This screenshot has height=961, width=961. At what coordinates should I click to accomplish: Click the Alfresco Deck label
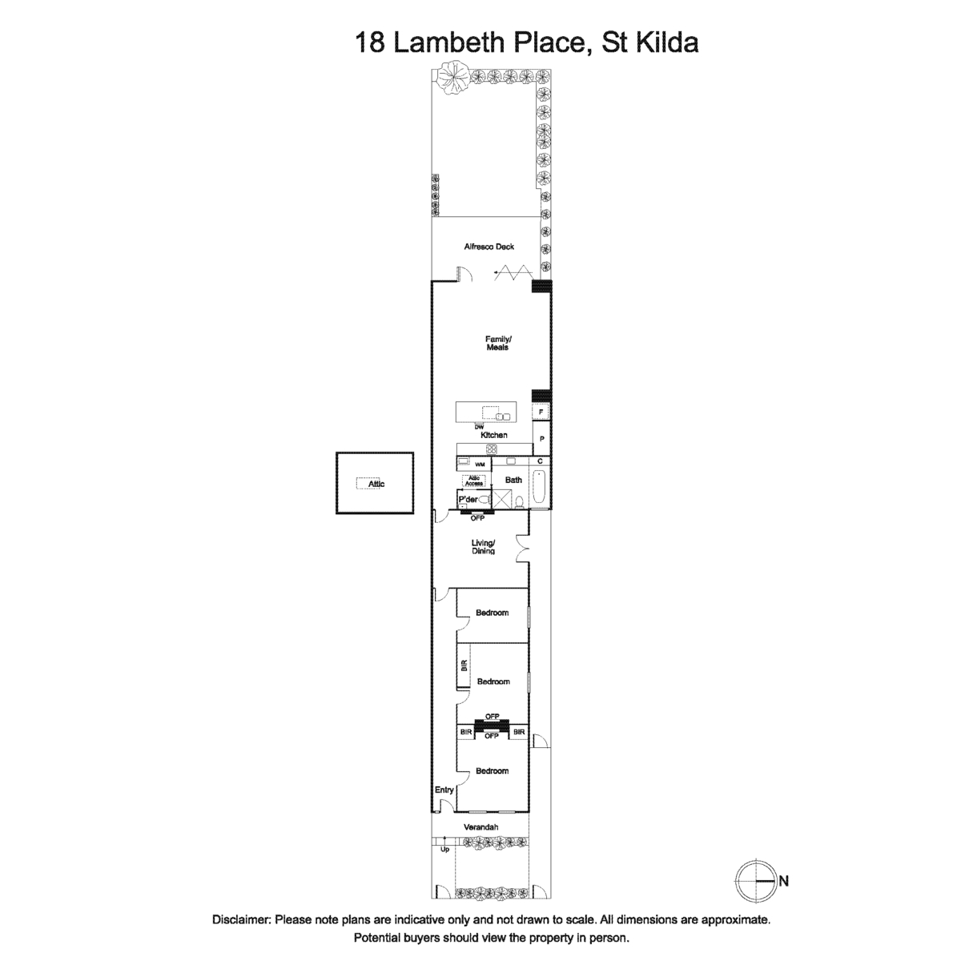click(489, 247)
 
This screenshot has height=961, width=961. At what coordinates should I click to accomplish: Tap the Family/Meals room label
click(498, 343)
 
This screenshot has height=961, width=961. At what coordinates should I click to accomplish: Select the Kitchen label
click(494, 435)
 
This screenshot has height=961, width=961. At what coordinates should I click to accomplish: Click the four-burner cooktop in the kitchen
click(492, 448)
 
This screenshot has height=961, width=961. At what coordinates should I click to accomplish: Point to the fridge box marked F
click(541, 412)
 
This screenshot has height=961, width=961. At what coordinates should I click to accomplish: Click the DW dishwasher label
click(479, 427)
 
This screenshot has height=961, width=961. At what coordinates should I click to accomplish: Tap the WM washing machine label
click(480, 464)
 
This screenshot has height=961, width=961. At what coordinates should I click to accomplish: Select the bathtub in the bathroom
click(540, 487)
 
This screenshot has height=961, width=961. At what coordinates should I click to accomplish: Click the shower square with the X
click(500, 499)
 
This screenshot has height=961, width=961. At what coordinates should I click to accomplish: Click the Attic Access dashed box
click(474, 480)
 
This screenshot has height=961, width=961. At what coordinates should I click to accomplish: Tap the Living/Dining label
click(483, 547)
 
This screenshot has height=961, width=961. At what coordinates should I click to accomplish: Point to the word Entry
click(444, 790)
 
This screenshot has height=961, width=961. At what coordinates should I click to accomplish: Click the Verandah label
click(480, 826)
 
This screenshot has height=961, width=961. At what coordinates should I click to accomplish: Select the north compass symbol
click(756, 881)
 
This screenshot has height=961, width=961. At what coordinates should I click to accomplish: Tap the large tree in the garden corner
click(452, 78)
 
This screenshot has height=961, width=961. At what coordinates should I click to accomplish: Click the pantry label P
click(541, 440)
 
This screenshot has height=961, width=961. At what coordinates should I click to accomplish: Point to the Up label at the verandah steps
click(444, 850)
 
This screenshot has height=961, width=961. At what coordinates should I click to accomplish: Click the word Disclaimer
click(242, 919)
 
